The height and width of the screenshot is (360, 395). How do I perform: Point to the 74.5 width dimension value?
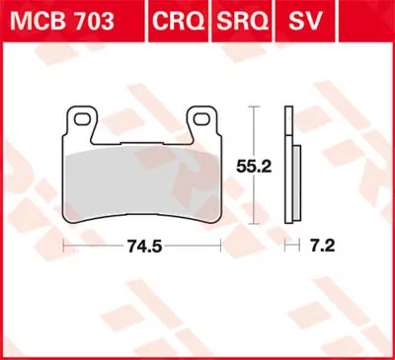pos(142,246)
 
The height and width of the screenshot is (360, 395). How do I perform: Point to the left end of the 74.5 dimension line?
pos(65,246)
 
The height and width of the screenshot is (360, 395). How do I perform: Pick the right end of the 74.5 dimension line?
pos(219,246)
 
